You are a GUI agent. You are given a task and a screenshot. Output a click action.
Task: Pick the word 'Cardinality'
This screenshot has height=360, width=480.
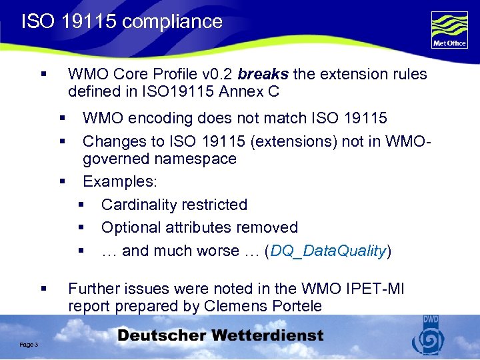click(139, 205)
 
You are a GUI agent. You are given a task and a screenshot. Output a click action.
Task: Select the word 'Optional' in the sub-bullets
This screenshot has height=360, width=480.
click(129, 228)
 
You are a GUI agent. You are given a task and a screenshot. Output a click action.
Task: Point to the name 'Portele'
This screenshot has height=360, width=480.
click(295, 306)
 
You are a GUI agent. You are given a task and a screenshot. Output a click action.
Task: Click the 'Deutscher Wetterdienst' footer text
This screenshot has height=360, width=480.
click(221, 336)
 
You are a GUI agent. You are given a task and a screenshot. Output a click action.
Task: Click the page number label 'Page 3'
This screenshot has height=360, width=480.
click(29, 344)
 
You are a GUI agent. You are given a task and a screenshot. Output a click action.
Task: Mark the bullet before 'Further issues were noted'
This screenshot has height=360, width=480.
click(43, 289)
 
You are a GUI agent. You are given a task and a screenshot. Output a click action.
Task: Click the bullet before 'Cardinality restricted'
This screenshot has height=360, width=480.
click(81, 205)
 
